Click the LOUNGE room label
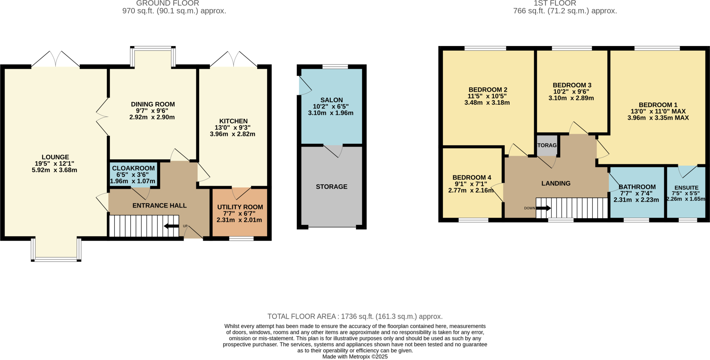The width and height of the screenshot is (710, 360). (x=55, y=157)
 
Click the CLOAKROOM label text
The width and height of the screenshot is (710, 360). (x=133, y=168)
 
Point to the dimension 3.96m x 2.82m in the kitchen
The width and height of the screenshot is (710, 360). (x=232, y=134)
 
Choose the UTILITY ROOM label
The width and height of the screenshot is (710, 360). (x=240, y=207)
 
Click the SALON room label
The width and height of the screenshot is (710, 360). (x=331, y=100)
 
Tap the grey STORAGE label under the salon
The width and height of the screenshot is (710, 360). (x=331, y=187)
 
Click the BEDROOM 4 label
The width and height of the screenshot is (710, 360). (x=471, y=177)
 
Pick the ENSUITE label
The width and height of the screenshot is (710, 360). (x=686, y=188)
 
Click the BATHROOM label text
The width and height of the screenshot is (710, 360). (x=637, y=187)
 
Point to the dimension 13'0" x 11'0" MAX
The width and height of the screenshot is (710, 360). (x=658, y=112)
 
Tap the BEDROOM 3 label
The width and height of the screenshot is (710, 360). (x=572, y=85)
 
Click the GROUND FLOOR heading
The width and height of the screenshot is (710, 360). (x=167, y=3)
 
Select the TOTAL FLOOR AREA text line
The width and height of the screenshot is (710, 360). (x=355, y=316)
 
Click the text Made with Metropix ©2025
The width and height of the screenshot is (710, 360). (x=355, y=357)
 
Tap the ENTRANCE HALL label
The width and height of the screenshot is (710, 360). (x=159, y=205)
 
